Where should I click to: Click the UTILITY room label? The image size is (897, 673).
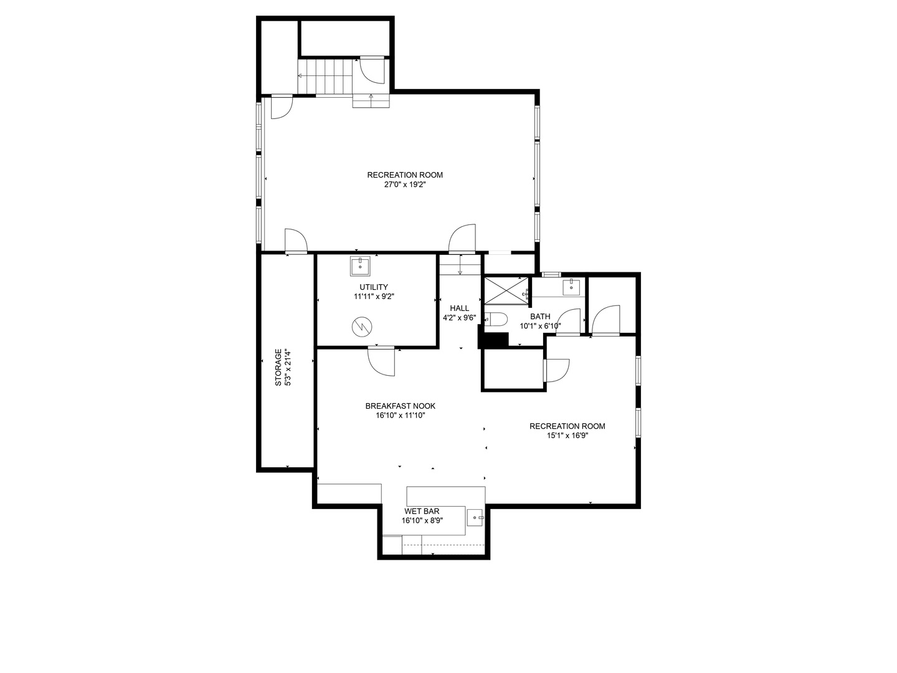point(374,287)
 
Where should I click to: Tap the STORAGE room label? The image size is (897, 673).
point(278,368)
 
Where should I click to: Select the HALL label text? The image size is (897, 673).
point(459,308)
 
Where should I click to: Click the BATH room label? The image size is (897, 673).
point(540,317)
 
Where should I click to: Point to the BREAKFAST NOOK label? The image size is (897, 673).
point(400,406)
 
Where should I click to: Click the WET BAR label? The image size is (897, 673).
point(422,511)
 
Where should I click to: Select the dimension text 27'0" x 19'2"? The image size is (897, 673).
point(405,184)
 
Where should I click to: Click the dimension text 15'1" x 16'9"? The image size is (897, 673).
point(567,436)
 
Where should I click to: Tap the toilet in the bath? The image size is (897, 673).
point(496,318)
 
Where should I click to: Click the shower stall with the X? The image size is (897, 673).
point(506,291)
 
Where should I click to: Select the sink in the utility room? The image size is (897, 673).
point(360,267)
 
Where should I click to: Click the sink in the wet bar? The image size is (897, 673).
point(475,518)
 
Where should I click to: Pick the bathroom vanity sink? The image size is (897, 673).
point(571,287)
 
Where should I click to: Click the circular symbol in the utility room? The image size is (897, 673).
point(362,327)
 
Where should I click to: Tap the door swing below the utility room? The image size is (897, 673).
point(381,361)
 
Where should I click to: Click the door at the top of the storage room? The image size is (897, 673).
point(296,242)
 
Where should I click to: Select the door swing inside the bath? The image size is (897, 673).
point(569,322)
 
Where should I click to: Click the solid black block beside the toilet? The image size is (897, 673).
point(493,341)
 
